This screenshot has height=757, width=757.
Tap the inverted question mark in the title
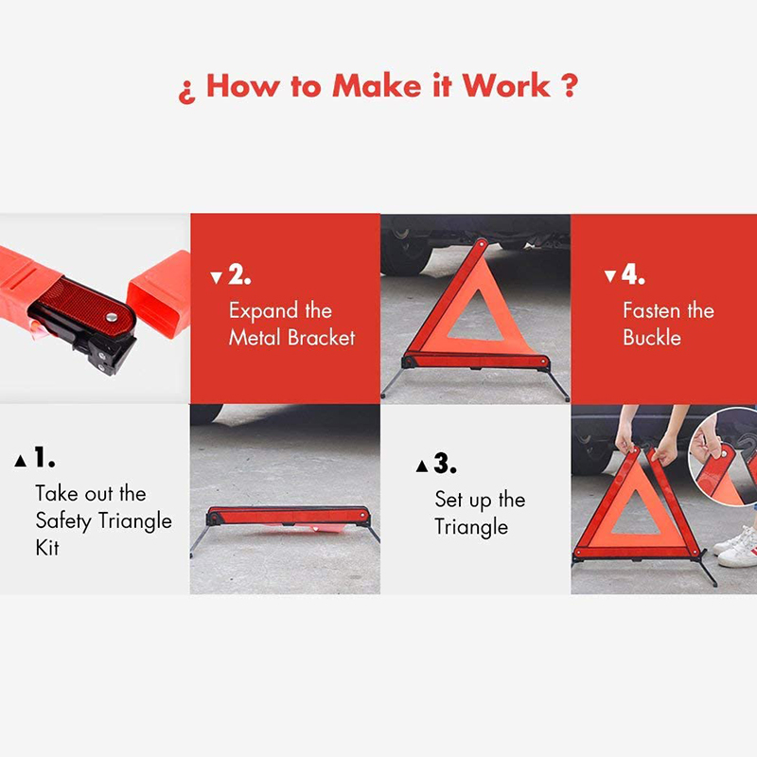[186, 90]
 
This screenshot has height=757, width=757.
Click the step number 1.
[44, 459]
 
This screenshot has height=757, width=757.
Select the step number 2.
[239, 276]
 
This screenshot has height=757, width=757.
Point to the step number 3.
[445, 465]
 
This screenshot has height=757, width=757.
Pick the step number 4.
[633, 276]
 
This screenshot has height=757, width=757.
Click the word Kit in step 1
[47, 547]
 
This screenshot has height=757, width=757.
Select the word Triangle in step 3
[471, 527]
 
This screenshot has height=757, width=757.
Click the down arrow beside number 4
[609, 278]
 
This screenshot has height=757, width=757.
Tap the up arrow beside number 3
[421, 467]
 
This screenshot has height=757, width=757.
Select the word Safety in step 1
[65, 520]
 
